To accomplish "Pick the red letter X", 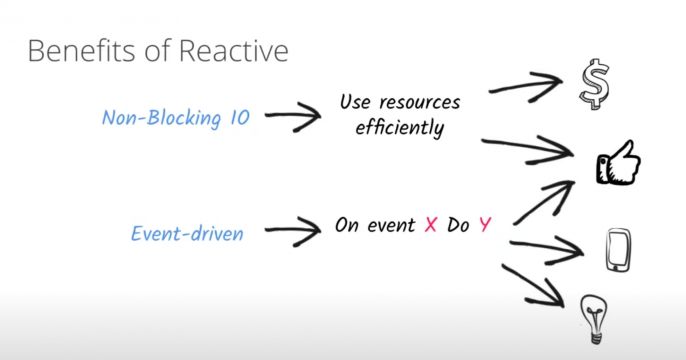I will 431,225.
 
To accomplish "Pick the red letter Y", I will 485,225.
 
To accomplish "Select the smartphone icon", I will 618,250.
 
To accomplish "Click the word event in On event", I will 392,226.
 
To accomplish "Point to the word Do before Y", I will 458,225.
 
